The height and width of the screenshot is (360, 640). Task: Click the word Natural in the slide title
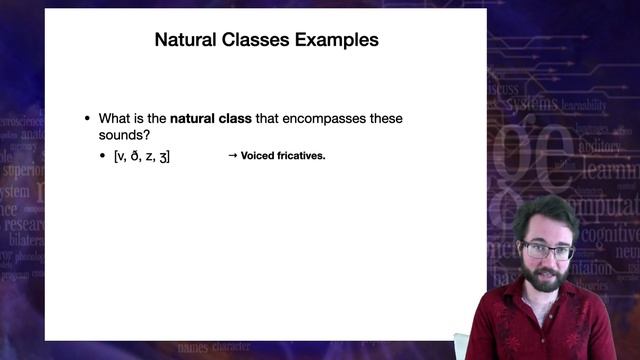(183, 41)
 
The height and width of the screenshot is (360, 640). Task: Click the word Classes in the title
(251, 41)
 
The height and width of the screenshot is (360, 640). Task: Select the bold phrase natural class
(210, 118)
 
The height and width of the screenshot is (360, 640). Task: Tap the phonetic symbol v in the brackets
(122, 156)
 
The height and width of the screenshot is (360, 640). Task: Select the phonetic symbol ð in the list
(135, 156)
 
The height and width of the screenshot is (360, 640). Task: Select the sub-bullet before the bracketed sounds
(103, 157)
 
